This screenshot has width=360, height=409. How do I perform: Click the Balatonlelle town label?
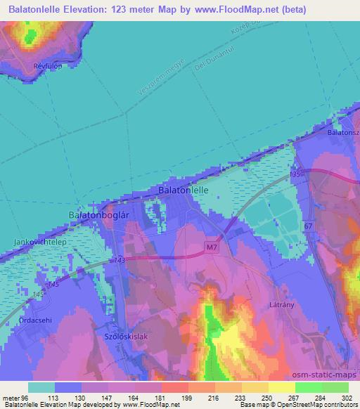pyautogui.click(x=181, y=190)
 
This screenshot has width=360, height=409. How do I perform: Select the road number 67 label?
pyautogui.click(x=307, y=226)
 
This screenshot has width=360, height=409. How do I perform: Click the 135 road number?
pyautogui.click(x=294, y=173)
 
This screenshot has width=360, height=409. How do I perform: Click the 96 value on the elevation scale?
pyautogui.click(x=25, y=397)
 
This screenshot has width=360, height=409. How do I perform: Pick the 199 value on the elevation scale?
pyautogui.click(x=186, y=397)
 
